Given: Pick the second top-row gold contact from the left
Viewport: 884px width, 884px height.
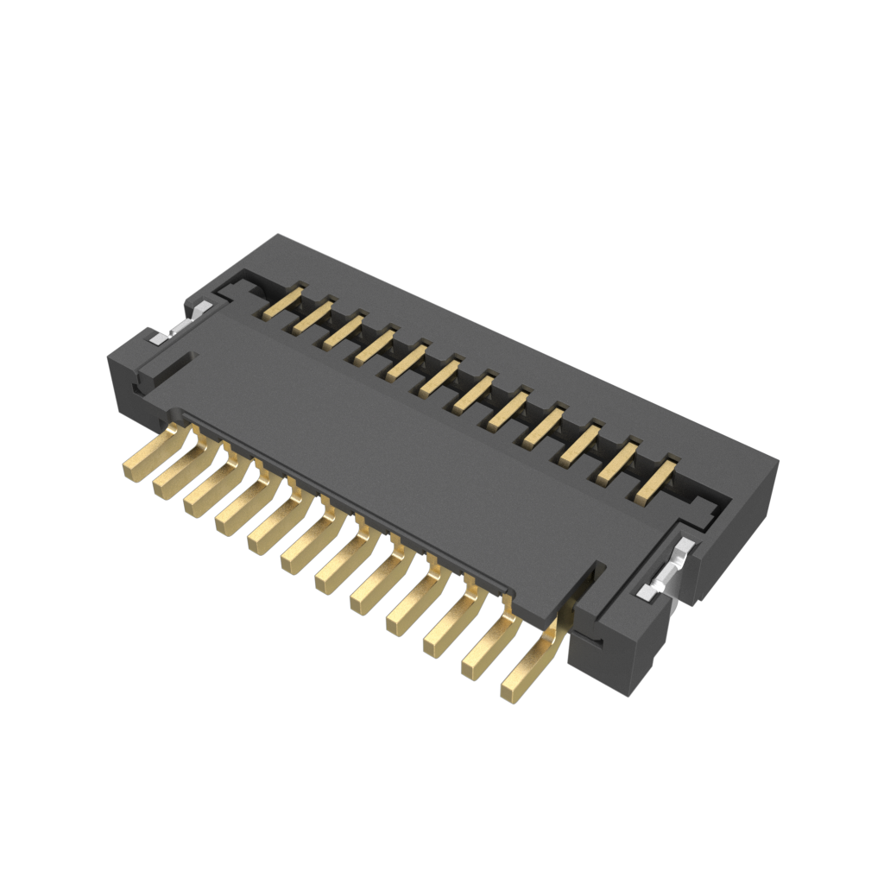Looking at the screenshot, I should click(312, 315).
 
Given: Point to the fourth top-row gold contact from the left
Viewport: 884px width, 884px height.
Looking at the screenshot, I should click(373, 344).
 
